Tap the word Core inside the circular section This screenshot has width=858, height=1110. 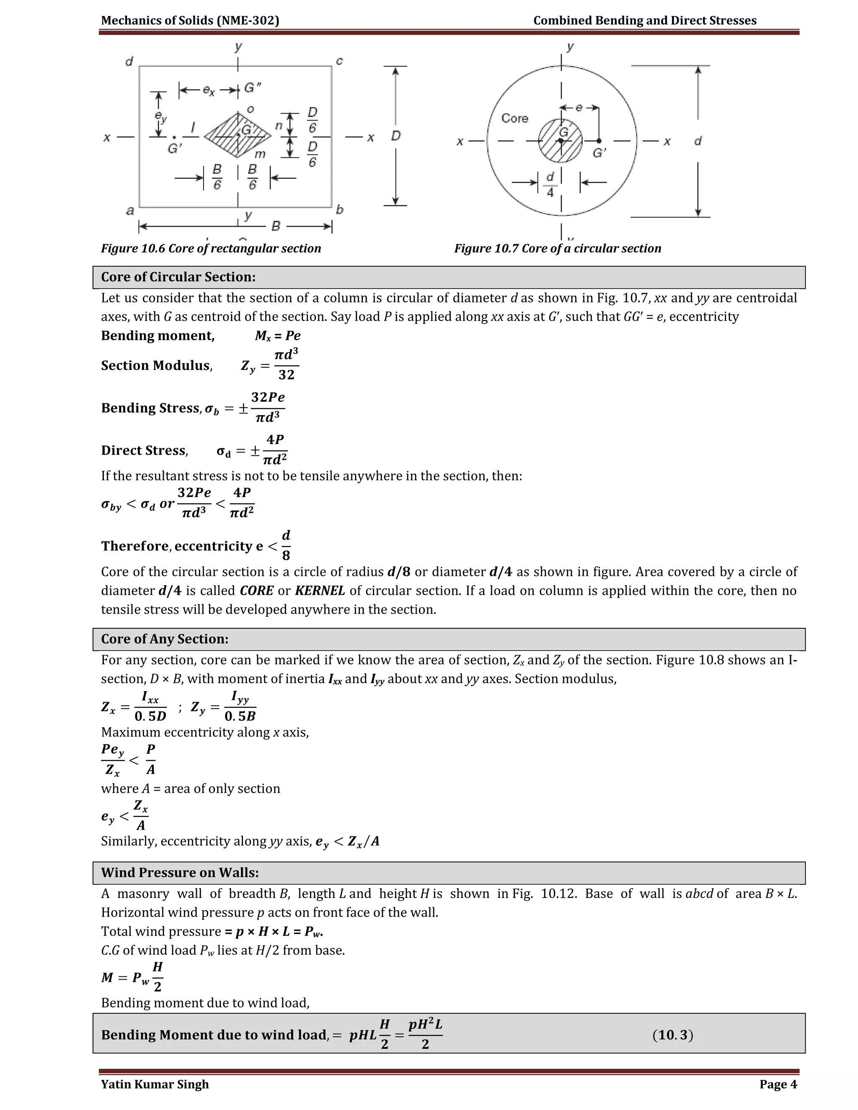point(514,119)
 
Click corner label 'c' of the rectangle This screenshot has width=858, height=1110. point(339,62)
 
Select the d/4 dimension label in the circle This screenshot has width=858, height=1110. point(550,184)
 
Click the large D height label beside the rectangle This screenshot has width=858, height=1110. point(395,136)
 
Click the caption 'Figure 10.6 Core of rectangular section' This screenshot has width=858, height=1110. point(211,248)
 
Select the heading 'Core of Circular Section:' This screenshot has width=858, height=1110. point(178,277)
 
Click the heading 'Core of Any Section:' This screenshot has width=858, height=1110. point(165,639)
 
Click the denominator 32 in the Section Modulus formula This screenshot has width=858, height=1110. point(286,375)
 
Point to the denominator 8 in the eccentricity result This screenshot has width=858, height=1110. point(286,555)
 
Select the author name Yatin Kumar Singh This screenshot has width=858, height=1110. point(155,1084)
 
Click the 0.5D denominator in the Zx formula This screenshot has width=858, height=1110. point(150,717)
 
